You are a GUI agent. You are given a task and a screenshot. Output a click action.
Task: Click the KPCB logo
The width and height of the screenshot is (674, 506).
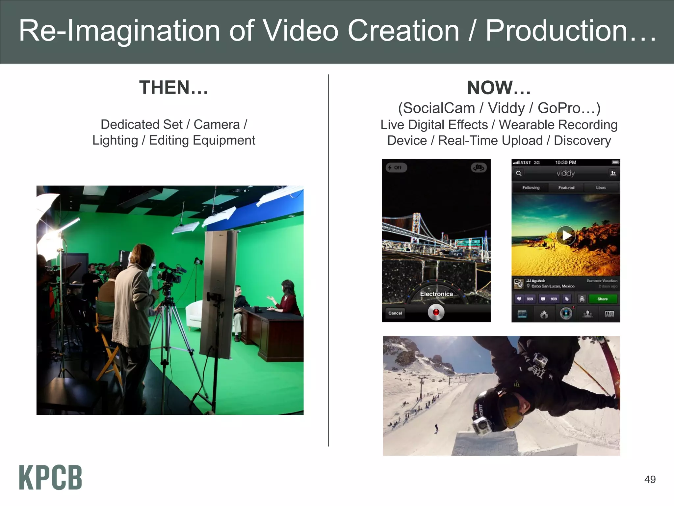(50, 477)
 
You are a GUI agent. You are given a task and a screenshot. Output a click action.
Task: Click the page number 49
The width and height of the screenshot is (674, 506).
(650, 480)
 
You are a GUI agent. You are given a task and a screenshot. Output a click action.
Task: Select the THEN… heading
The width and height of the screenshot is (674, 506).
(173, 88)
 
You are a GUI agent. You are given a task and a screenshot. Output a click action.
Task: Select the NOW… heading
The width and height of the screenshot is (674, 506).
(499, 88)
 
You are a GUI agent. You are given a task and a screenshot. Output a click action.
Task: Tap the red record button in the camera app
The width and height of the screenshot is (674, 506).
(436, 312)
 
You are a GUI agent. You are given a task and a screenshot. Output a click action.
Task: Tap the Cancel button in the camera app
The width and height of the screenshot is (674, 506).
(395, 313)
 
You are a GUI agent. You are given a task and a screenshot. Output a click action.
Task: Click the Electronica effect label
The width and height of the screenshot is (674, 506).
(436, 294)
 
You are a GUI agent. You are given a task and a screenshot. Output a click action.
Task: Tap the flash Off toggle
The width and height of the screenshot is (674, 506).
(396, 167)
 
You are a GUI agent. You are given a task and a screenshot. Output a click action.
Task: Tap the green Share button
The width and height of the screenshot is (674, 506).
(602, 299)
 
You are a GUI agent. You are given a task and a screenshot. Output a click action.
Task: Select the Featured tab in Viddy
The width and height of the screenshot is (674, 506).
(566, 188)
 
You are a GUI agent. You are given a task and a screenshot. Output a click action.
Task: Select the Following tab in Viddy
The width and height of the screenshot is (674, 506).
(531, 188)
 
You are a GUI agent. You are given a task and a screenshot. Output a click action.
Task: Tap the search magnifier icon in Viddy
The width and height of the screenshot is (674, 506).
(519, 173)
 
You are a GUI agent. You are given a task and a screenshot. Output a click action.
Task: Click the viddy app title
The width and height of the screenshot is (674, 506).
(565, 173)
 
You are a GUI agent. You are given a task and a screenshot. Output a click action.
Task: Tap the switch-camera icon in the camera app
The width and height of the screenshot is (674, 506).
(479, 168)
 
